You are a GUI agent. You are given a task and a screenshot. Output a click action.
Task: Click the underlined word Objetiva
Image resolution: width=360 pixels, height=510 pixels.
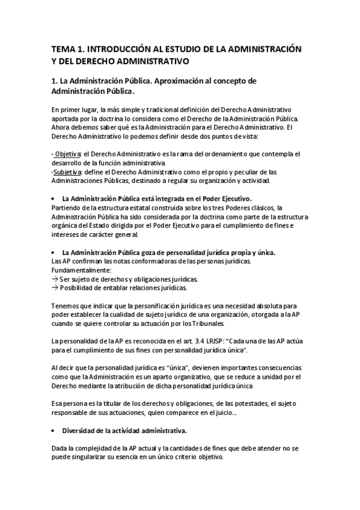(67, 155)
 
